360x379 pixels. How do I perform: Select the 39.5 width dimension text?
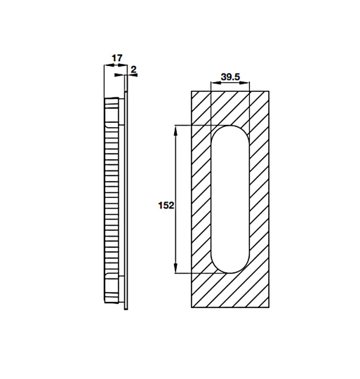(x=230, y=76)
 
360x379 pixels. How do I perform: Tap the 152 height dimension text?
(x=166, y=206)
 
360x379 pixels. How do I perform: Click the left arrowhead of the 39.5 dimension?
(x=213, y=84)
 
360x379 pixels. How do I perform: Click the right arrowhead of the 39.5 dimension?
(x=247, y=84)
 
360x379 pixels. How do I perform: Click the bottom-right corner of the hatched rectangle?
(x=269, y=307)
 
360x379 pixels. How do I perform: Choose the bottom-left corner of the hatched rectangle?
(x=192, y=307)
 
